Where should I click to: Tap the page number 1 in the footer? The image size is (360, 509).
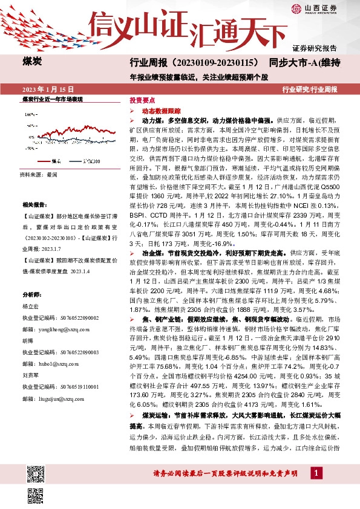[x=316, y=489]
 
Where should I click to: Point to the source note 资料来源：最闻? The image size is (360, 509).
[x=39, y=174]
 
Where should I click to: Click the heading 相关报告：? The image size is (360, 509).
[x=34, y=205]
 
